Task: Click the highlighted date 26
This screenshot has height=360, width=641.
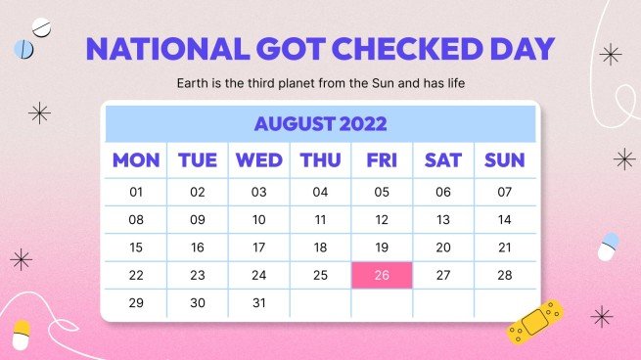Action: pyautogui.click(x=382, y=275)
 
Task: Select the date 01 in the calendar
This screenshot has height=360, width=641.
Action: pyautogui.click(x=136, y=193)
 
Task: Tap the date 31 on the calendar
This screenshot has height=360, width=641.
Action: pyautogui.click(x=259, y=302)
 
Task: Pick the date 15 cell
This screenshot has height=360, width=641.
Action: pyautogui.click(x=136, y=247)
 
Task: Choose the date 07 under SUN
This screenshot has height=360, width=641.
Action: pyautogui.click(x=505, y=193)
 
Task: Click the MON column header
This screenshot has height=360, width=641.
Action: pyautogui.click(x=136, y=160)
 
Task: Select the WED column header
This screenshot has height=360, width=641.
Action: pyautogui.click(x=259, y=160)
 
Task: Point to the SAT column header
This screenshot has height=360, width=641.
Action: pyautogui.click(x=443, y=160)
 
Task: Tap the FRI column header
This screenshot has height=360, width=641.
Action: pyautogui.click(x=382, y=160)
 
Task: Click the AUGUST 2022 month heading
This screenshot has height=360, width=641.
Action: pyautogui.click(x=320, y=124)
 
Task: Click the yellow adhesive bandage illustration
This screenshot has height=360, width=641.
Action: pyautogui.click(x=535, y=321)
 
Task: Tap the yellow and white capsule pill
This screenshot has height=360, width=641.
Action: pyautogui.click(x=21, y=334)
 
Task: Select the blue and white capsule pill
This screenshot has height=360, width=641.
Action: pyautogui.click(x=609, y=246)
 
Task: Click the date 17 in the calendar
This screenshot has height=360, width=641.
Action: pyautogui.click(x=259, y=247)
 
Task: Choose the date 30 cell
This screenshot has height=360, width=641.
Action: pyautogui.click(x=198, y=302)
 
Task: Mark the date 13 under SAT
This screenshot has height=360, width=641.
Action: pyautogui.click(x=443, y=220)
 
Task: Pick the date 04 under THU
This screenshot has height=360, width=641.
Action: pyautogui.click(x=320, y=193)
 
